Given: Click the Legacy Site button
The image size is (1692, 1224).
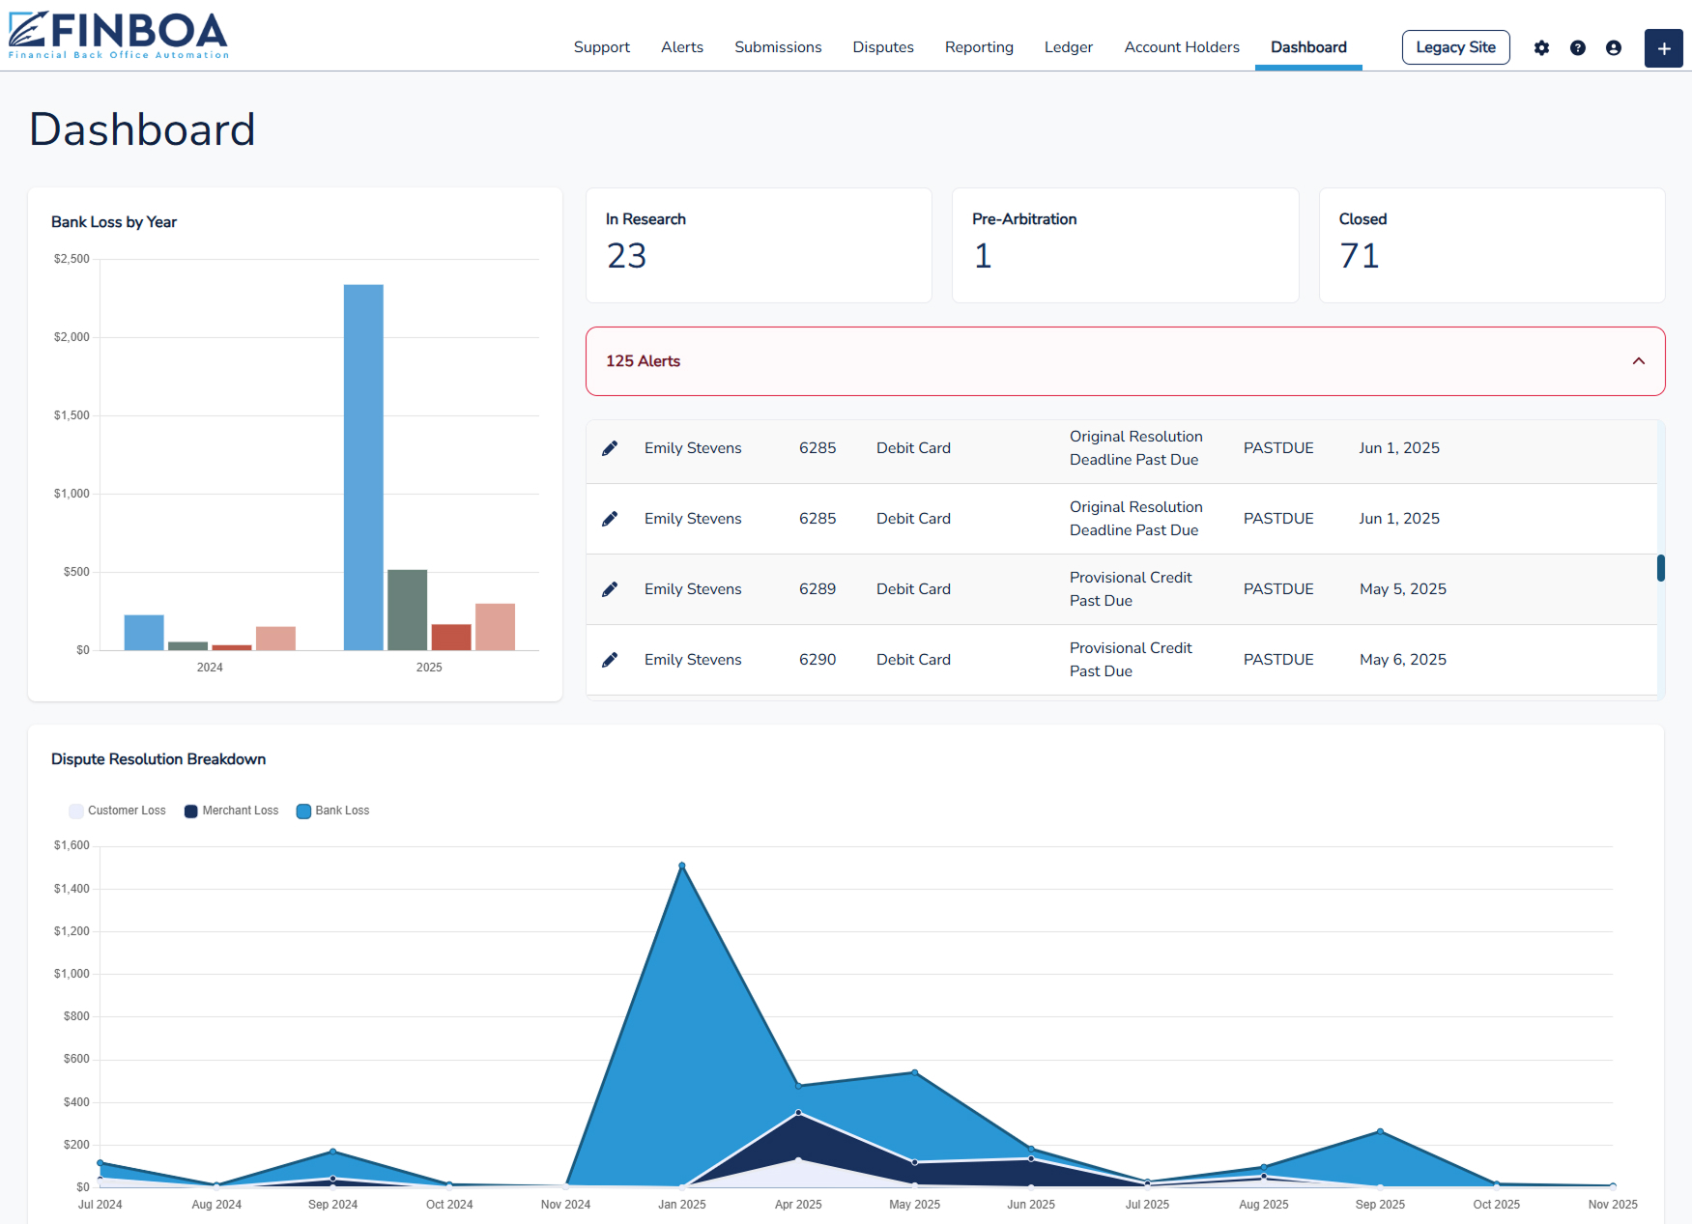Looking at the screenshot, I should tap(1455, 47).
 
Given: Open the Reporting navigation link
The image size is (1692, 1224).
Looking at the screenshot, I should tap(979, 47).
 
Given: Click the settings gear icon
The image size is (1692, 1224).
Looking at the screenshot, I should tap(1541, 48).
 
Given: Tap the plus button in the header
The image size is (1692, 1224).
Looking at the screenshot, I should tap(1663, 48).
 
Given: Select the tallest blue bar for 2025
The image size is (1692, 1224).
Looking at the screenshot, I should tap(363, 467).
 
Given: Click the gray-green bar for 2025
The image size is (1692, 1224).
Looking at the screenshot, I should tap(407, 610).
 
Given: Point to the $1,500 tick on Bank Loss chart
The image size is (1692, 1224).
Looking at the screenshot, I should tap(72, 415).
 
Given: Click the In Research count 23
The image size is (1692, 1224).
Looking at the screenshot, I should tap(626, 256).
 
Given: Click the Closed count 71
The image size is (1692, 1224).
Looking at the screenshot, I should tap(1359, 256).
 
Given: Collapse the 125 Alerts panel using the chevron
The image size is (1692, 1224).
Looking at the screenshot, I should tap(1638, 361).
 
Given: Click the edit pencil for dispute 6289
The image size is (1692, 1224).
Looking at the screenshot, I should tap(610, 589).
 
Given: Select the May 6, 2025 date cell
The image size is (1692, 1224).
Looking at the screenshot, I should tap(1402, 660).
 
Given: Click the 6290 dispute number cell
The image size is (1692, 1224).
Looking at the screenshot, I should tap(817, 660).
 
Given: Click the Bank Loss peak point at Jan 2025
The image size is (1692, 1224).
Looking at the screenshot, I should tap(682, 866).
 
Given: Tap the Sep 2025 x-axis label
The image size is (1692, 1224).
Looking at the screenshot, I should tap(1379, 1205).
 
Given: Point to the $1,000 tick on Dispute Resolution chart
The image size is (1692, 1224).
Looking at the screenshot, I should tap(72, 974).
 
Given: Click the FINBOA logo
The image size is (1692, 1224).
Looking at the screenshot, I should tap(118, 35).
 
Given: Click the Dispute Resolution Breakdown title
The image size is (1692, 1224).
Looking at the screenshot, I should tap(158, 759).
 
